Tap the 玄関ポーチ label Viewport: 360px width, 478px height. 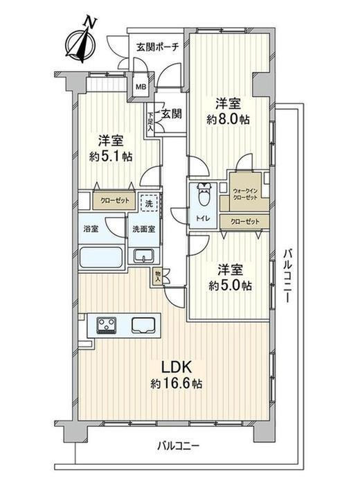tap(157, 47)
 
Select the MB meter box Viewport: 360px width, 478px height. tap(141, 87)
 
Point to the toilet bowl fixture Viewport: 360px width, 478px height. tap(203, 196)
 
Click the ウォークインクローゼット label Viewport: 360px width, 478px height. tap(245, 194)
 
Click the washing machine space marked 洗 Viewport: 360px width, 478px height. tap(149, 203)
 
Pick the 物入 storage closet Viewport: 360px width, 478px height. tap(157, 276)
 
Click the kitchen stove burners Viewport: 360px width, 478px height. tap(107, 326)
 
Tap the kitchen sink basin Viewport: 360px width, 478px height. tap(143, 325)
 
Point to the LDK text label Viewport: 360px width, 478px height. tap(176, 367)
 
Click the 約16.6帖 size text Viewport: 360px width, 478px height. tap(176, 383)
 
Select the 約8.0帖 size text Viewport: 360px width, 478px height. tap(228, 119)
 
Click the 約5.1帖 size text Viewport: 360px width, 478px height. tap(111, 157)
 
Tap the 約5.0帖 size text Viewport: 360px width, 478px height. tap(230, 285)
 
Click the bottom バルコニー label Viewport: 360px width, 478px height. tap(179, 447)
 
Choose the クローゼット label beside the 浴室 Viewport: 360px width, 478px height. tap(115, 201)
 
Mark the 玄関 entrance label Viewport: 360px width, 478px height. tap(172, 114)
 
